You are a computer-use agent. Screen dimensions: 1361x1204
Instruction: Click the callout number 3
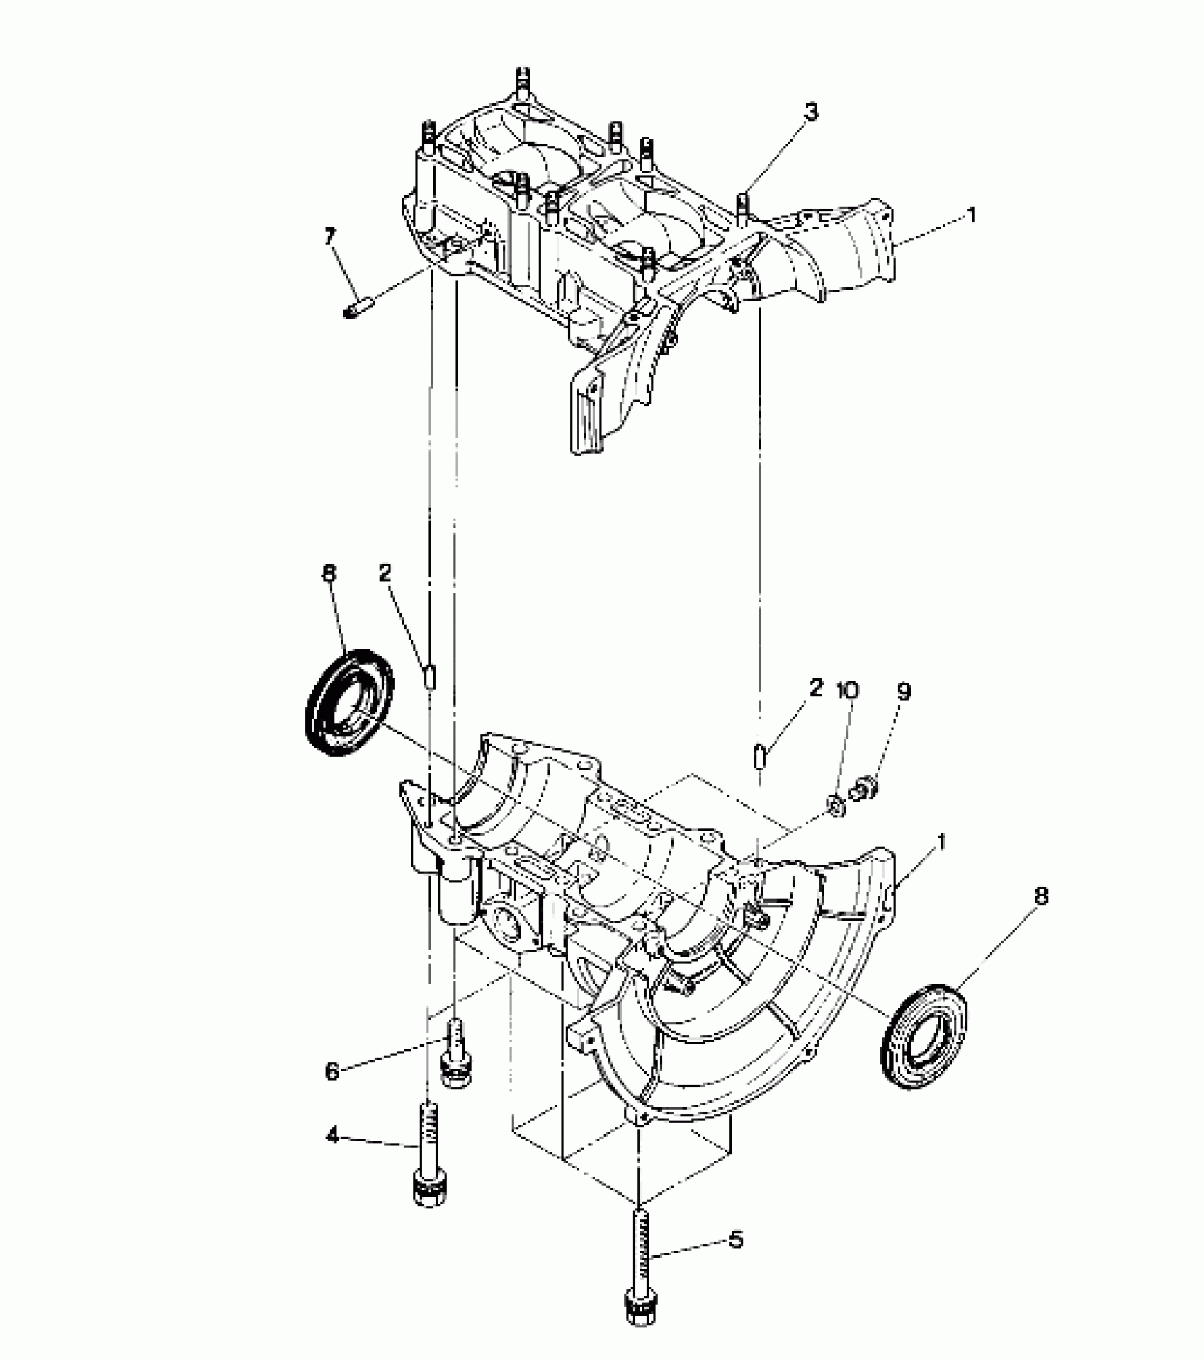coord(811,112)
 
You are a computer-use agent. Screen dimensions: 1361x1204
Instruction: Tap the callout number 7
coord(330,237)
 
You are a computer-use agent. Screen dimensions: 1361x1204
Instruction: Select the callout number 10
coord(847,690)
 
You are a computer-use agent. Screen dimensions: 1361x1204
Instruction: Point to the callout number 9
coord(904,692)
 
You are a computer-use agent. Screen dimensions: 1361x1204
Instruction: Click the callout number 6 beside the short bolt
coord(332,1071)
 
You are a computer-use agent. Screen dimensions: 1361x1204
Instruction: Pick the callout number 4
coord(332,1137)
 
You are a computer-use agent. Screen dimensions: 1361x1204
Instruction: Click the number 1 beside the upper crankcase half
coord(971,215)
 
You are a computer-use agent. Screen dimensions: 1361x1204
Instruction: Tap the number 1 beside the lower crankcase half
coord(943,842)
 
